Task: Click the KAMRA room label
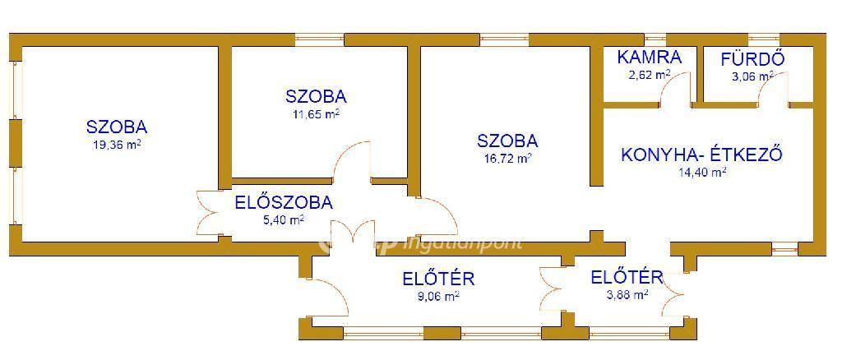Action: (x=649, y=57)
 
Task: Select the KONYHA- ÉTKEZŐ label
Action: (x=701, y=155)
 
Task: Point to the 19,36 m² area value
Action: (x=117, y=145)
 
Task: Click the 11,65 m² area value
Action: (x=316, y=114)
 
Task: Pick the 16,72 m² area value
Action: (x=507, y=159)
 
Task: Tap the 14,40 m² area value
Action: (x=701, y=173)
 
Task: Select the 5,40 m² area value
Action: (x=284, y=220)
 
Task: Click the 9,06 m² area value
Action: (x=438, y=296)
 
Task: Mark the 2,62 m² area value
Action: (x=649, y=75)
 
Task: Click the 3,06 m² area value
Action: (x=752, y=76)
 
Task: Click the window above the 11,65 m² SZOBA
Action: (x=319, y=39)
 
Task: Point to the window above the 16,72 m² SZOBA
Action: (x=504, y=39)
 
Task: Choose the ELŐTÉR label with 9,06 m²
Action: (x=438, y=279)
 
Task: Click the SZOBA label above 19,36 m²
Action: (x=117, y=127)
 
